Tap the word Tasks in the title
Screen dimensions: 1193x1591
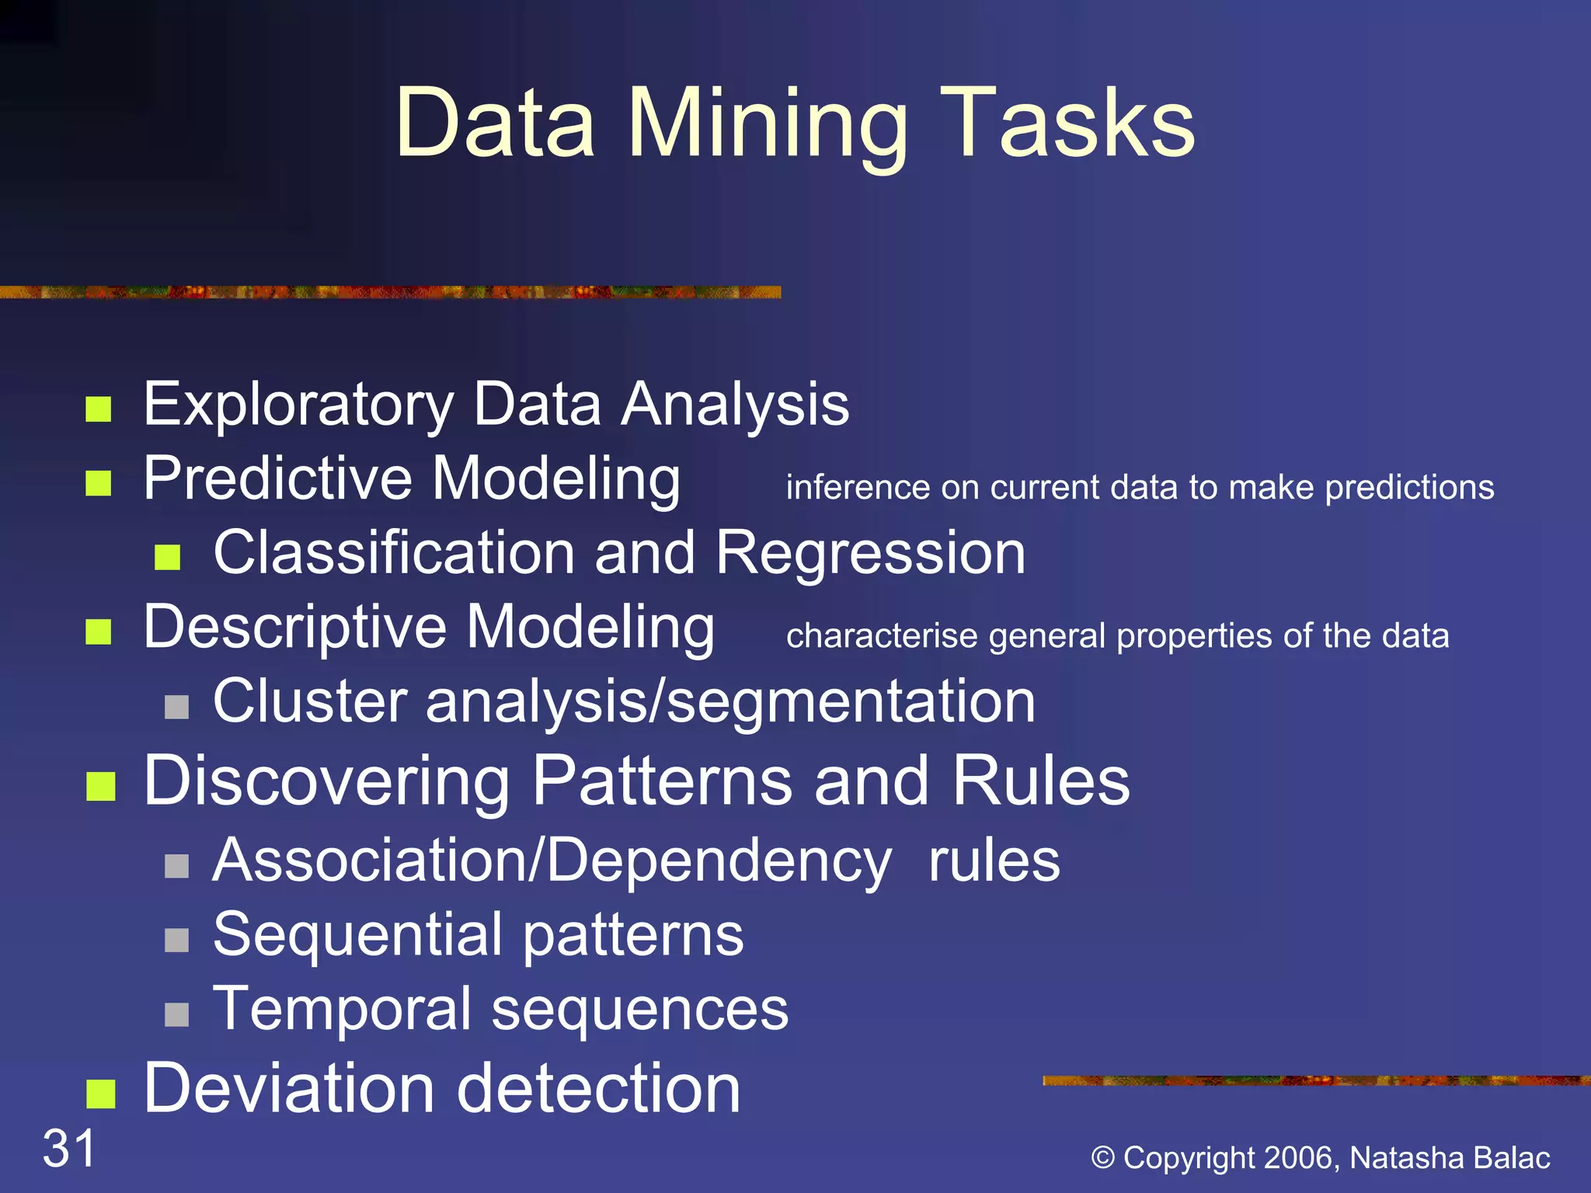(1069, 124)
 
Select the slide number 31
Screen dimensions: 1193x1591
(69, 1148)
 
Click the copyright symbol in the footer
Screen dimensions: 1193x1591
(1103, 1158)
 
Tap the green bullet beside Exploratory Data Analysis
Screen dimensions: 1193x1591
(99, 409)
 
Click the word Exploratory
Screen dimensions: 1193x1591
(298, 405)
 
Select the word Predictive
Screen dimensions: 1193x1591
(278, 479)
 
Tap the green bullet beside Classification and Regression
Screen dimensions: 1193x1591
(168, 557)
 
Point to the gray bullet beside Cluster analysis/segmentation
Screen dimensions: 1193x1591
(177, 707)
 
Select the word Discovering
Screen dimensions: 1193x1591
(326, 781)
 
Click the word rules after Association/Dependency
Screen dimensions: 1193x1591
(994, 861)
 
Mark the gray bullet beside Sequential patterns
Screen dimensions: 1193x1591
(177, 941)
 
